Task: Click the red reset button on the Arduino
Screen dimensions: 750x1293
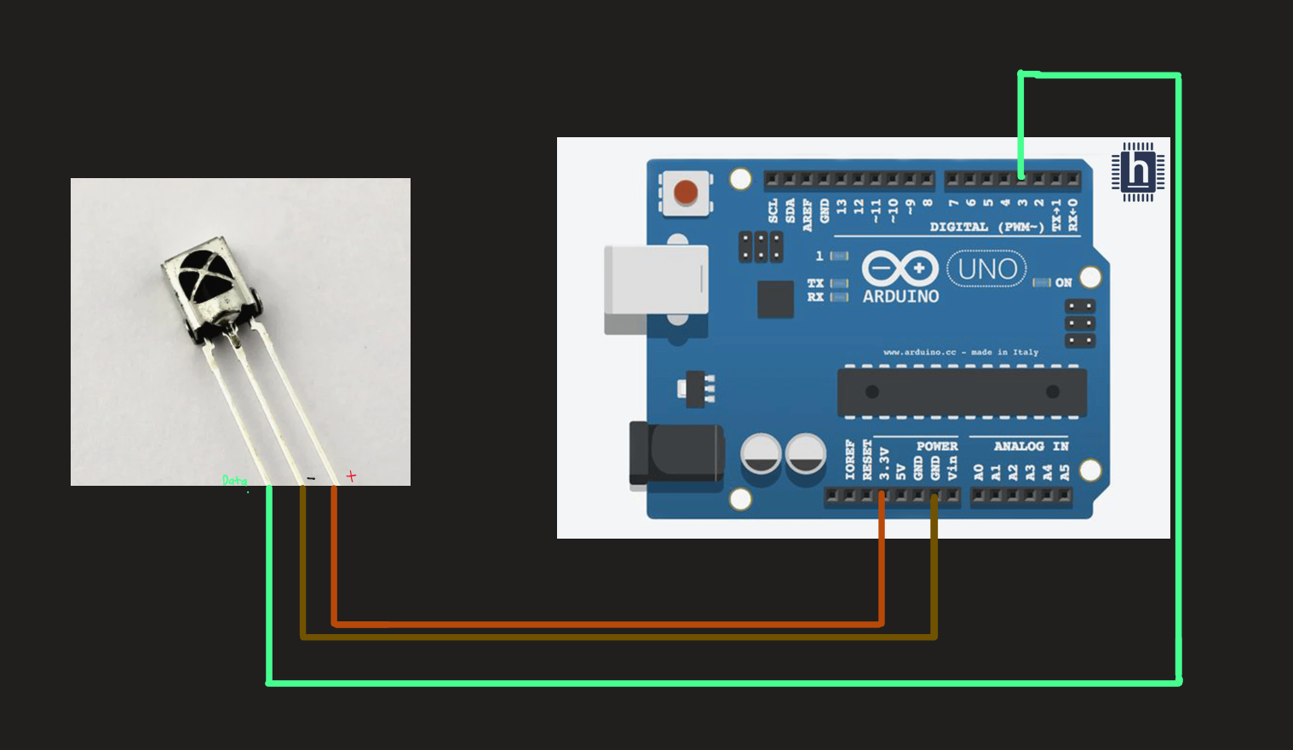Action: click(x=686, y=193)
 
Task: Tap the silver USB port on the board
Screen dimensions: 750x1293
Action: click(x=655, y=280)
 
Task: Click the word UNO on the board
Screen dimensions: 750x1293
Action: click(x=987, y=269)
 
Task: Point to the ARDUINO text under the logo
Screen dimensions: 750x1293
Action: click(x=900, y=297)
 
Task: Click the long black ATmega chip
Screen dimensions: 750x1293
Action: click(x=962, y=392)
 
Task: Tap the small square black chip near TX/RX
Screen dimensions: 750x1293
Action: click(x=775, y=299)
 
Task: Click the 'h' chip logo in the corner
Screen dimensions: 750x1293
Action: click(x=1138, y=171)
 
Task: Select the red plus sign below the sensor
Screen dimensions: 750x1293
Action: click(x=351, y=476)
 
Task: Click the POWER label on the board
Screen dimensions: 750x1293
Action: click(x=937, y=446)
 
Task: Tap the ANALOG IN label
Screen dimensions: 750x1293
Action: click(x=1031, y=446)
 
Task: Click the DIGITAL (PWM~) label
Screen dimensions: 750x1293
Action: click(x=986, y=227)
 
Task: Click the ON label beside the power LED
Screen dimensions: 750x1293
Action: click(x=1063, y=282)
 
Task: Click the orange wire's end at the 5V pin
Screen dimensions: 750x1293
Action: click(x=882, y=496)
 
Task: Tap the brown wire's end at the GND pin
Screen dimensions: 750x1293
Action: click(x=934, y=498)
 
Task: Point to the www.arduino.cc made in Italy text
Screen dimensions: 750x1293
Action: click(x=961, y=352)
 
